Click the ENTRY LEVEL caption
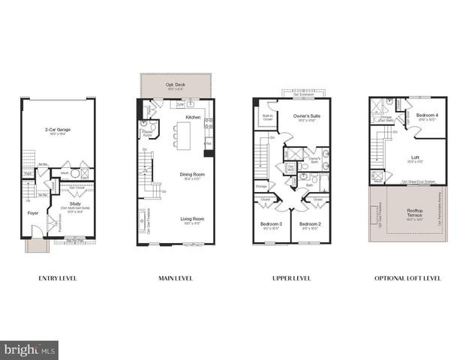(58, 278)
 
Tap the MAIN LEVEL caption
(175, 278)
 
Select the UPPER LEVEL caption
(292, 278)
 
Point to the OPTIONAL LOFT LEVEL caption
(407, 278)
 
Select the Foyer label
(33, 211)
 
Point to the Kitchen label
(193, 118)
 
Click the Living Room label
(192, 219)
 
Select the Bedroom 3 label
(271, 224)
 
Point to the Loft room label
(415, 157)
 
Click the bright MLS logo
(31, 349)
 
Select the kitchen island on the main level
(182, 136)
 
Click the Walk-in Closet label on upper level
(266, 117)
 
